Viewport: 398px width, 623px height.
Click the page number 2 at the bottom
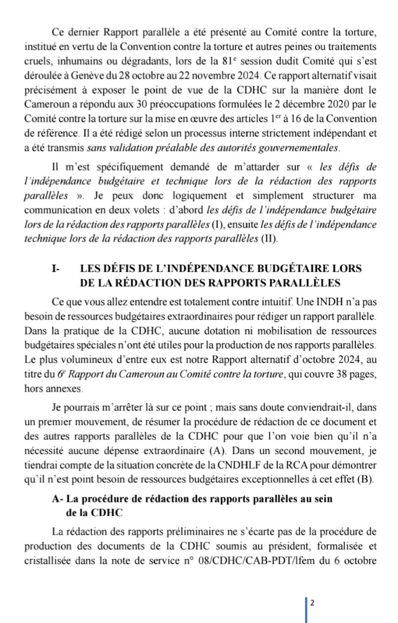[x=312, y=603]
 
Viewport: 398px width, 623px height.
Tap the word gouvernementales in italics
[x=291, y=147]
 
